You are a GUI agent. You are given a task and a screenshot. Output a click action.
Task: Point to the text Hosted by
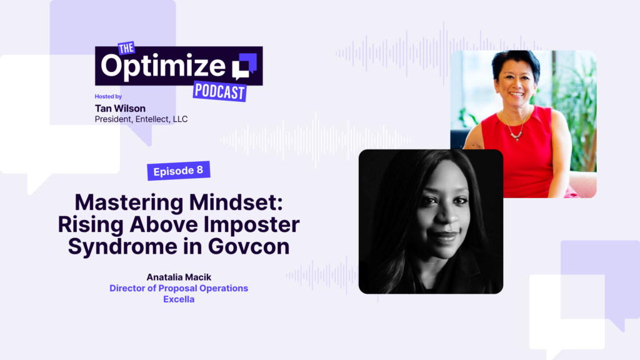point(108,97)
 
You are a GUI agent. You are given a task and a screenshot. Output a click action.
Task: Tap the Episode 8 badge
point(178,170)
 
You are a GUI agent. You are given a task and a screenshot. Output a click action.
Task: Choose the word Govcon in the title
point(252,246)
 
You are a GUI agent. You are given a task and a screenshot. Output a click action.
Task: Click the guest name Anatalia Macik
point(179,277)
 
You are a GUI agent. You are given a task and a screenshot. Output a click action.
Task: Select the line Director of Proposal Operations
point(179,288)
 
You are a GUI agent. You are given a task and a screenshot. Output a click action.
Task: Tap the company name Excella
point(179,299)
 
